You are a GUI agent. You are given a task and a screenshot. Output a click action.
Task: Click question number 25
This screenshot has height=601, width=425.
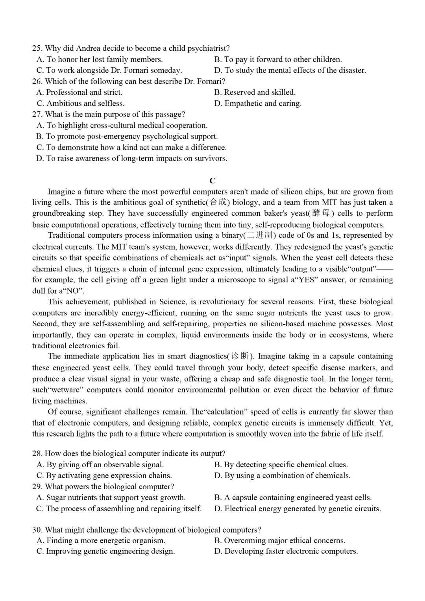pyautogui.click(x=37, y=48)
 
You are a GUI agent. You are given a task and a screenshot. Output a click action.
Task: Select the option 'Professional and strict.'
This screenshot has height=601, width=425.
pyautogui.click(x=84, y=92)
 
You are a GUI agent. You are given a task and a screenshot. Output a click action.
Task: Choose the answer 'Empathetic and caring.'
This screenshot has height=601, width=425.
pyautogui.click(x=262, y=104)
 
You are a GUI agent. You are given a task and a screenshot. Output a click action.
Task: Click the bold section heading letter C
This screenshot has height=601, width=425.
pyautogui.click(x=213, y=181)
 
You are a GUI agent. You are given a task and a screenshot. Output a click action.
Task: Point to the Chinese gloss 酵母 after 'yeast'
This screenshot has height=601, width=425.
pyautogui.click(x=321, y=213)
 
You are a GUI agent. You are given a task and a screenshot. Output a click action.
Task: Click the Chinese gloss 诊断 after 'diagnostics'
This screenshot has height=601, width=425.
pyautogui.click(x=240, y=356)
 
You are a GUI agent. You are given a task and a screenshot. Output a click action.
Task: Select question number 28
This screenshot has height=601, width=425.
pyautogui.click(x=37, y=453)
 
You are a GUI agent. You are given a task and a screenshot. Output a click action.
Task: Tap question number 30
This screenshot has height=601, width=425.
pyautogui.click(x=37, y=530)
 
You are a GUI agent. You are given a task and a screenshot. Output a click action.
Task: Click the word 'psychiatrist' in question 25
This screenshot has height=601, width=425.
pyautogui.click(x=208, y=48)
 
